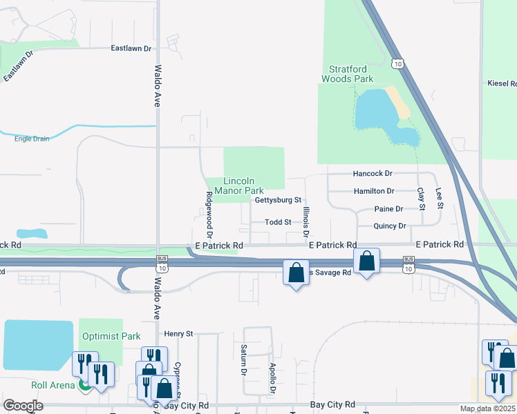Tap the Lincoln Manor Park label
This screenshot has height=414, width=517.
pos(239,186)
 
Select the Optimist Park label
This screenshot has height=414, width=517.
pos(101,337)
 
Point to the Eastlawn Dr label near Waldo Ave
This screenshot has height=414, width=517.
pos(131,48)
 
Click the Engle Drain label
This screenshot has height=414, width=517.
pos(32,139)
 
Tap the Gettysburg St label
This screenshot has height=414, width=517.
pos(279,200)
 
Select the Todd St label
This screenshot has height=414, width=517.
pos(279,222)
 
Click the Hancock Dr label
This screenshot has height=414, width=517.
pos(373,174)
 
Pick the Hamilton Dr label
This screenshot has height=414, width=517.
pos(373,191)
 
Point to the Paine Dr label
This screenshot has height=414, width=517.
pos(388,209)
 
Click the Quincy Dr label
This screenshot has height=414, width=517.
pos(389,226)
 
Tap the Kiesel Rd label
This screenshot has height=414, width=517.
pos(502,83)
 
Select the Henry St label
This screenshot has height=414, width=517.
pos(178,334)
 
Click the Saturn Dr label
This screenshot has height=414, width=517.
pos(244,359)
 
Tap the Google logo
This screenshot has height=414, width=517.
pos(23,406)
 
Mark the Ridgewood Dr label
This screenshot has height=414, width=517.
pos(208,210)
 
